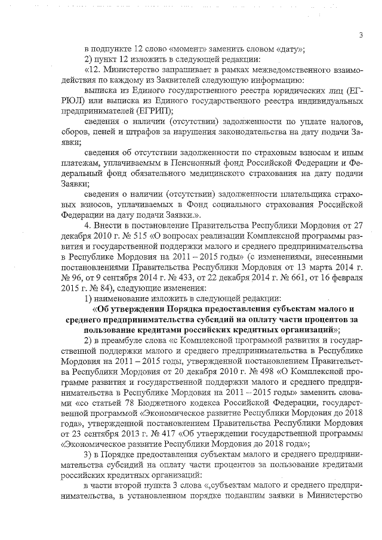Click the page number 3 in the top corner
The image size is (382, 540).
click(x=361, y=35)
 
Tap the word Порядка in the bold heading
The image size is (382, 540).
click(x=179, y=309)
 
